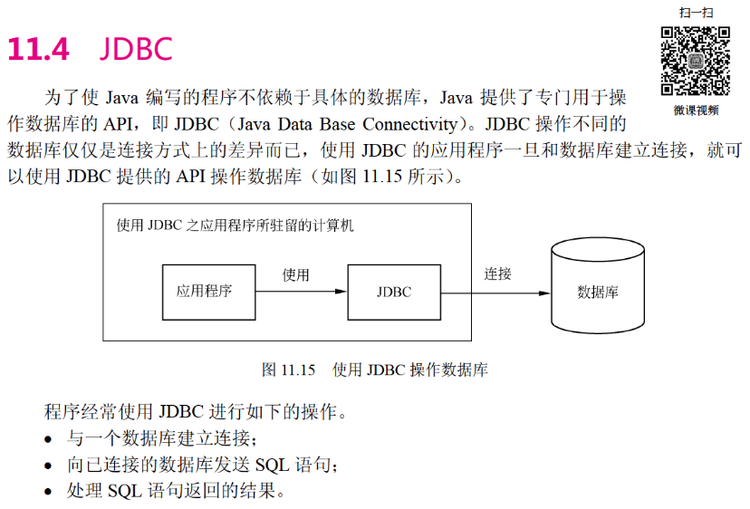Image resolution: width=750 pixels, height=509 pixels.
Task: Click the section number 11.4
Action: (38, 49)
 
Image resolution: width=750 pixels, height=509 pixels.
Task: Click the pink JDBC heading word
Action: (135, 49)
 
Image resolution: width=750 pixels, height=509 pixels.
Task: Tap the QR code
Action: (695, 61)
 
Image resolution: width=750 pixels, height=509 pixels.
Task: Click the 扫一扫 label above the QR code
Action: (696, 12)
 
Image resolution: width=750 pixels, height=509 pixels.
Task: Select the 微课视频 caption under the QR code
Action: (696, 110)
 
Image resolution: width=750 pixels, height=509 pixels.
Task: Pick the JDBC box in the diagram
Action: (393, 292)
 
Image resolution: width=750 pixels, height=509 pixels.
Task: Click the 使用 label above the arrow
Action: (296, 274)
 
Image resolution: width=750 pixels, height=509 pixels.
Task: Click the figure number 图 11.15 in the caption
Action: (287, 370)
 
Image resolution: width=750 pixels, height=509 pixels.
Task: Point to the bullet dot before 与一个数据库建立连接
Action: (49, 441)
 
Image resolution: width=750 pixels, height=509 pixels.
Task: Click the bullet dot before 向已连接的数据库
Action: (49, 467)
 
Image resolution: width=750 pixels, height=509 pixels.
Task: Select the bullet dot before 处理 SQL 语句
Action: (49, 494)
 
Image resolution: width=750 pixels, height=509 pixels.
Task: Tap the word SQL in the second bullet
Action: (274, 466)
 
